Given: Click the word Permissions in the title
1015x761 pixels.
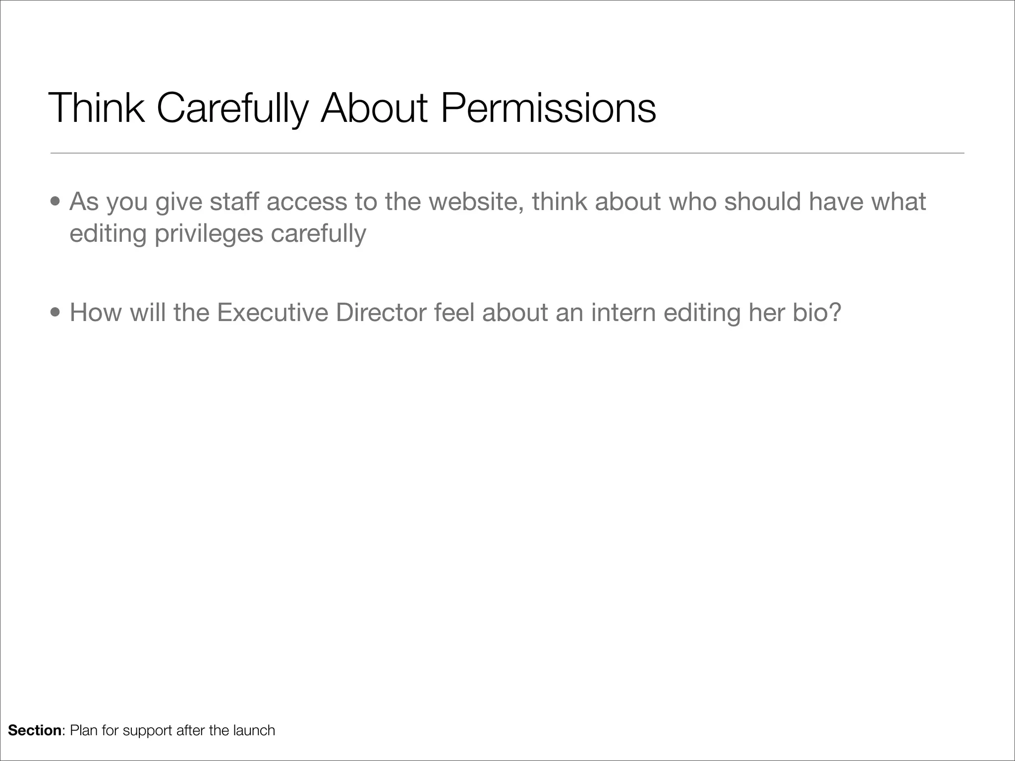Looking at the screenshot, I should tap(548, 108).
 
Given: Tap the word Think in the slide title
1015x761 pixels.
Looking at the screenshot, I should tap(97, 108).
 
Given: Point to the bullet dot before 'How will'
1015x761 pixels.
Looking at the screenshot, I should tap(56, 313).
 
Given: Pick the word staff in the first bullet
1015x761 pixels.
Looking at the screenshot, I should tap(234, 202).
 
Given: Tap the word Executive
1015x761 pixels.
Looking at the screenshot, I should tap(272, 313).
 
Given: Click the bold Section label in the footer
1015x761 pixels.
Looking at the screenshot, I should tap(34, 730).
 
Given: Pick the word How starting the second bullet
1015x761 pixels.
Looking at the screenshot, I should tap(95, 313).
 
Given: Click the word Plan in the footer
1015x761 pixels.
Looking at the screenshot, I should tap(84, 730).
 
